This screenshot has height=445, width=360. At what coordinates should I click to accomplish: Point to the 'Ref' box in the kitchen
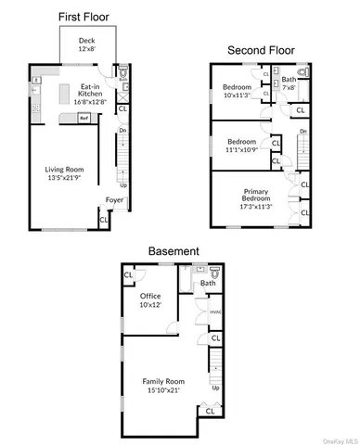tap(84, 118)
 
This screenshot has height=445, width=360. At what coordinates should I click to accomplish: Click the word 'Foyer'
tap(114, 200)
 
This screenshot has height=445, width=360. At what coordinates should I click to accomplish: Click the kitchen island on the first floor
tap(66, 93)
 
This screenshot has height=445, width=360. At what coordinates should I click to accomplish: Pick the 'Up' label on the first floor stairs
tap(124, 185)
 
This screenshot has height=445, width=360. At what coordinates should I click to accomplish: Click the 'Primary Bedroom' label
tap(256, 199)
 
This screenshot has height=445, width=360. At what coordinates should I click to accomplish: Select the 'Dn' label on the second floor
tap(303, 132)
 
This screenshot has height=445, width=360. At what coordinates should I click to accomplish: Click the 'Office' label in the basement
tap(150, 296)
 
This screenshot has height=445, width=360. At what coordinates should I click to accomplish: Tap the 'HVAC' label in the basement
tap(215, 311)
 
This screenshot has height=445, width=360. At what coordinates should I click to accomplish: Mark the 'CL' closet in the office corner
tap(129, 274)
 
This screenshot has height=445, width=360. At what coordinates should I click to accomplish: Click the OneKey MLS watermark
tap(339, 439)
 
